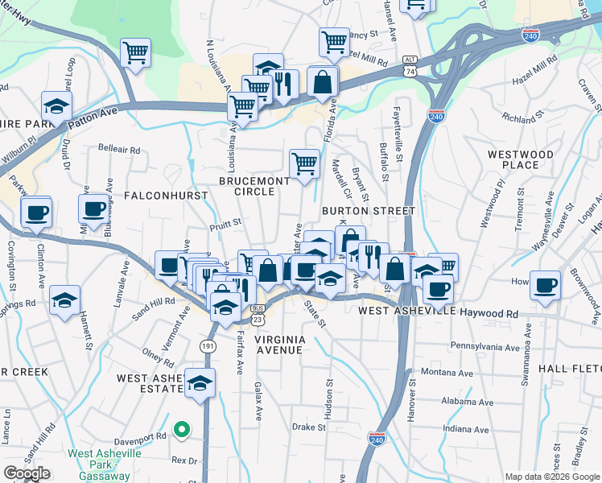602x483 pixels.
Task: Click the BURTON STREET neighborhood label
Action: [x=368, y=211]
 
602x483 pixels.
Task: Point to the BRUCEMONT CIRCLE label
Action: [x=254, y=186]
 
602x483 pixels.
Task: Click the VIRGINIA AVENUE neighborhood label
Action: [x=279, y=345]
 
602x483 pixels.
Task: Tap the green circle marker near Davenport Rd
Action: [x=182, y=429]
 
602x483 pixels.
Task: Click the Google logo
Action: [x=27, y=473]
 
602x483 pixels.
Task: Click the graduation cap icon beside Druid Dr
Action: [x=56, y=107]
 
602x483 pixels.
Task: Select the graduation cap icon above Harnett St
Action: [x=64, y=301]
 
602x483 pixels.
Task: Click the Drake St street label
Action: [x=308, y=427]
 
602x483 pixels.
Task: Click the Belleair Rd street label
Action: [x=118, y=149]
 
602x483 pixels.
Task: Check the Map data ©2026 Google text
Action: [x=552, y=477]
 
